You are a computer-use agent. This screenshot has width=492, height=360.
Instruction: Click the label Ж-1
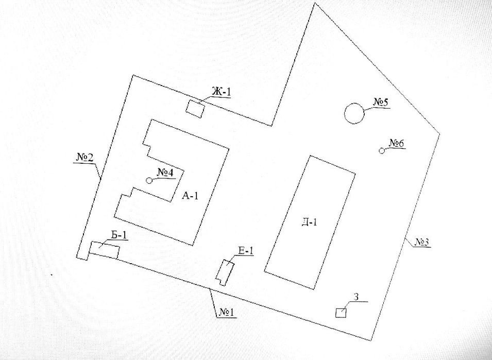pos(221,92)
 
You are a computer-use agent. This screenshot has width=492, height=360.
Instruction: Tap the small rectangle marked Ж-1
pos(195,109)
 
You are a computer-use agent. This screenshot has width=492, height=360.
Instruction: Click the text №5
pos(381,102)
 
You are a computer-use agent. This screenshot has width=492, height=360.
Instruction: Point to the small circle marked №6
pos(382,151)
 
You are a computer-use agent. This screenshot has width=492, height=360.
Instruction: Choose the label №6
pos(397,143)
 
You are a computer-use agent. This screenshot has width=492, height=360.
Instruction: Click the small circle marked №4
pos(149,180)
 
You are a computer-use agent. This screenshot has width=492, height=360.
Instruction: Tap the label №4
pos(165,172)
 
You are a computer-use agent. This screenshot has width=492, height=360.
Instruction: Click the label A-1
pos(190,196)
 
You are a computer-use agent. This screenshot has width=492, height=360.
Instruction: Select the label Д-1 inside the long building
pos(309,222)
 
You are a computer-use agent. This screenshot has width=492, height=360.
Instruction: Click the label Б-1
pos(119,235)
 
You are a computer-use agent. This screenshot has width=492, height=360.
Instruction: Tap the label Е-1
pos(246,250)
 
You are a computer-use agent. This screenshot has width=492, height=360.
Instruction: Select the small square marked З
pos(341,313)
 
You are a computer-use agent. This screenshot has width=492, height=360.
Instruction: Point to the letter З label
pos(356,297)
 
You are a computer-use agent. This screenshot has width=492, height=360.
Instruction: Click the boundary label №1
pos(227,312)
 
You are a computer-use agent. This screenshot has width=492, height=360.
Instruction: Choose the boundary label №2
pos(85,157)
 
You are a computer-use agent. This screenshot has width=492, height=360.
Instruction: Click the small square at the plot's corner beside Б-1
pos(82,254)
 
